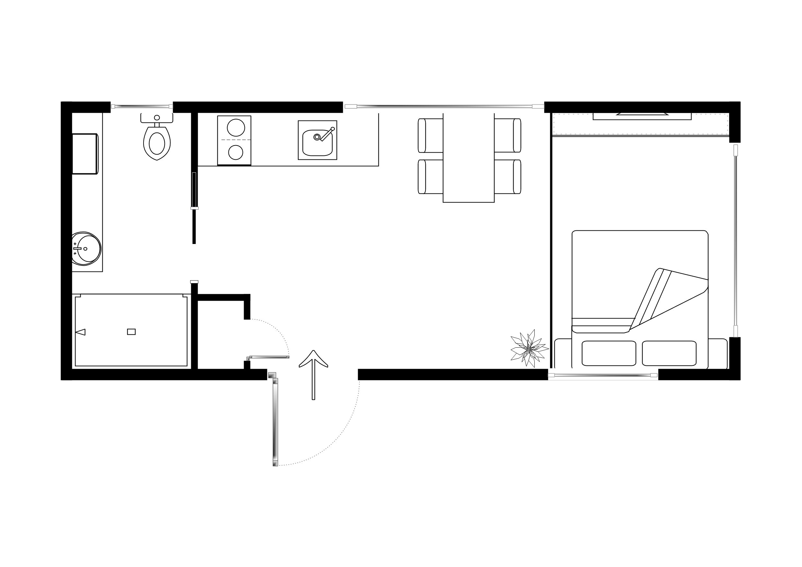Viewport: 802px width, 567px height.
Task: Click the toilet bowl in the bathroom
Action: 157,143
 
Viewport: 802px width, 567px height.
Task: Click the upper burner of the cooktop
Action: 236,128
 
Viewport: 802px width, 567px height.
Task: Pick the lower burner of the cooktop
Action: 236,152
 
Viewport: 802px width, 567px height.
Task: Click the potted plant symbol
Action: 529,348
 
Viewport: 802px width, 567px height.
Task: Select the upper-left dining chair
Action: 430,135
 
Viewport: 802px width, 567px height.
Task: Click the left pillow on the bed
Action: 609,353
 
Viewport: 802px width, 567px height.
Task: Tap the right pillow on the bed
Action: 669,353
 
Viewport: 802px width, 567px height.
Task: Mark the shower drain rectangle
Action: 131,332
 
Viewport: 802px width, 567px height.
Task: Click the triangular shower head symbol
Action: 81,332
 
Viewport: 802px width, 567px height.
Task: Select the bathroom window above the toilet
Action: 142,106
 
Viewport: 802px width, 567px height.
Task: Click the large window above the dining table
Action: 444,106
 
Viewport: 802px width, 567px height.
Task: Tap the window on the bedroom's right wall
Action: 735,241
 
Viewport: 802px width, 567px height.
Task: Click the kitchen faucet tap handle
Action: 328,133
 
